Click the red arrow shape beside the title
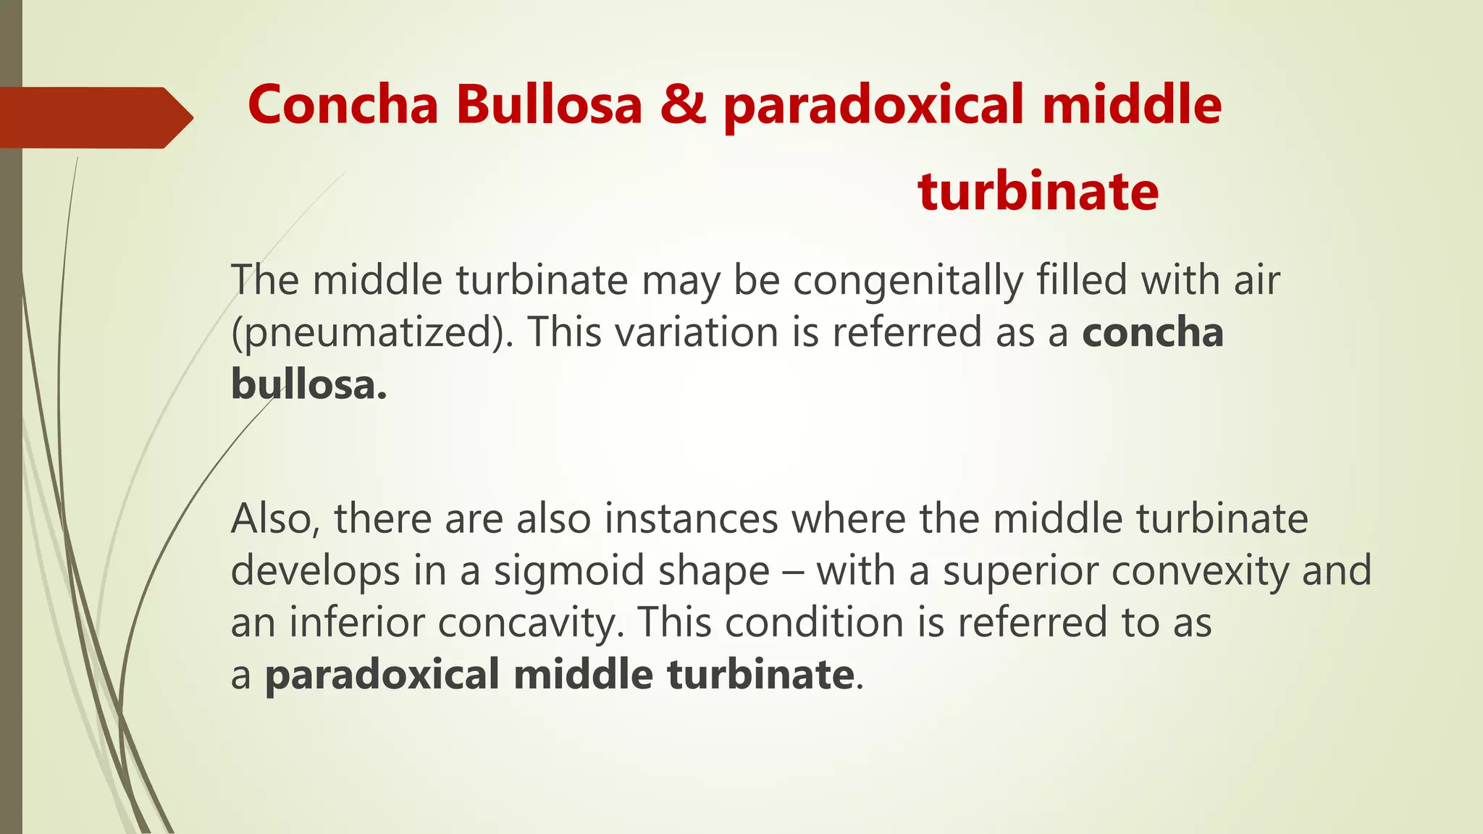point(94,117)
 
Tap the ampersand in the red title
point(682,104)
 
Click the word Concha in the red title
point(343,104)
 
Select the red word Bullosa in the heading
point(549,104)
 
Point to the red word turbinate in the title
point(1038,191)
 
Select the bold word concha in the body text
point(1153,332)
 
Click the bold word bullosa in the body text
point(308,384)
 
